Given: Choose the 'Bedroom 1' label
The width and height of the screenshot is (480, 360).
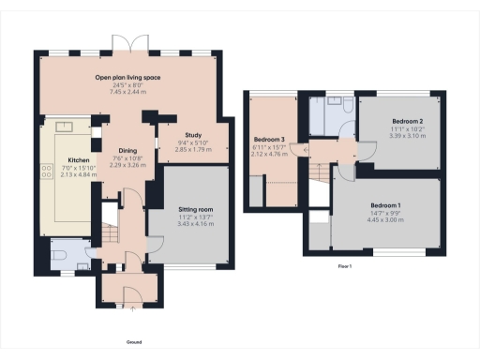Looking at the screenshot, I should pyautogui.click(x=384, y=205).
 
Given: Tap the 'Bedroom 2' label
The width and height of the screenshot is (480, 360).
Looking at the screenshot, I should pyautogui.click(x=407, y=122).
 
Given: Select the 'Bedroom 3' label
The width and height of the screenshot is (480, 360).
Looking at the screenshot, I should pyautogui.click(x=269, y=140).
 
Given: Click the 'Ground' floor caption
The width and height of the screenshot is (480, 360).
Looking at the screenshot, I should pyautogui.click(x=134, y=342).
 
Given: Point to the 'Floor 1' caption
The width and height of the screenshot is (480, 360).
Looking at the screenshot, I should pyautogui.click(x=344, y=266).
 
